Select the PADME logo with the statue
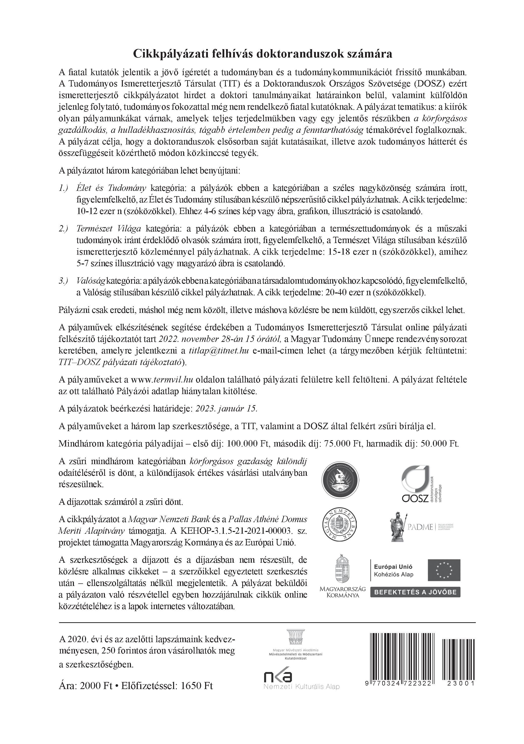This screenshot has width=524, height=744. tap(421, 527)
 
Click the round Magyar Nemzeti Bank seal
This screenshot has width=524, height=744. tap(340, 527)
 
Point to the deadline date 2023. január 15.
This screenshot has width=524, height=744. tap(226, 409)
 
